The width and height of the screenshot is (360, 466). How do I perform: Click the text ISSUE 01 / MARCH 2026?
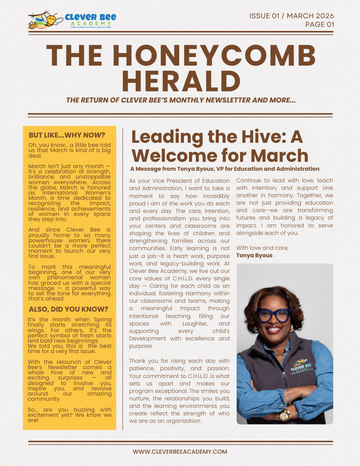point(291,16)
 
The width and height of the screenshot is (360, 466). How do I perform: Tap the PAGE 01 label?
point(319,25)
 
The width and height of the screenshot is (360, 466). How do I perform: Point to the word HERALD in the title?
point(181,81)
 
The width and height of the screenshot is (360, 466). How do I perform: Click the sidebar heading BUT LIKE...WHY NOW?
point(67,135)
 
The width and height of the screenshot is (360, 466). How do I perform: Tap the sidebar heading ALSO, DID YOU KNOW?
point(68,309)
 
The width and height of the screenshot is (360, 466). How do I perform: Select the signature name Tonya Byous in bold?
point(254,255)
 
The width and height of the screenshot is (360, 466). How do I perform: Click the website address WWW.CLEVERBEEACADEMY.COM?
point(180,451)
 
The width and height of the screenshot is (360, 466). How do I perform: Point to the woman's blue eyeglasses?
point(275,315)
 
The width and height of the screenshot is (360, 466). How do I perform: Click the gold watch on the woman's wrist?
point(285,414)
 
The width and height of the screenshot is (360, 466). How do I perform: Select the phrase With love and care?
point(262,248)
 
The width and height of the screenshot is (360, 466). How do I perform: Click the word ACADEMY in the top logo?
point(91,23)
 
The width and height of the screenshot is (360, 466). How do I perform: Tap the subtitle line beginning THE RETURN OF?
point(181,100)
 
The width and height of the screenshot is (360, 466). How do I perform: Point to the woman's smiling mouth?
point(274,330)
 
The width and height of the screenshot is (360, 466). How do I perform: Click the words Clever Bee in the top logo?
point(91,17)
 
